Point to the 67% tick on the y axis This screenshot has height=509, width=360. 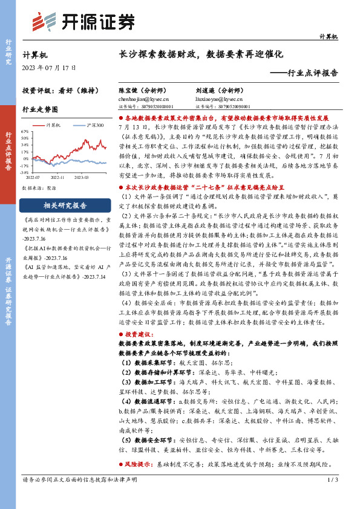pyautogui.click(x=25, y=131)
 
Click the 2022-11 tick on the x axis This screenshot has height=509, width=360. pyautogui.click(x=58, y=178)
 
